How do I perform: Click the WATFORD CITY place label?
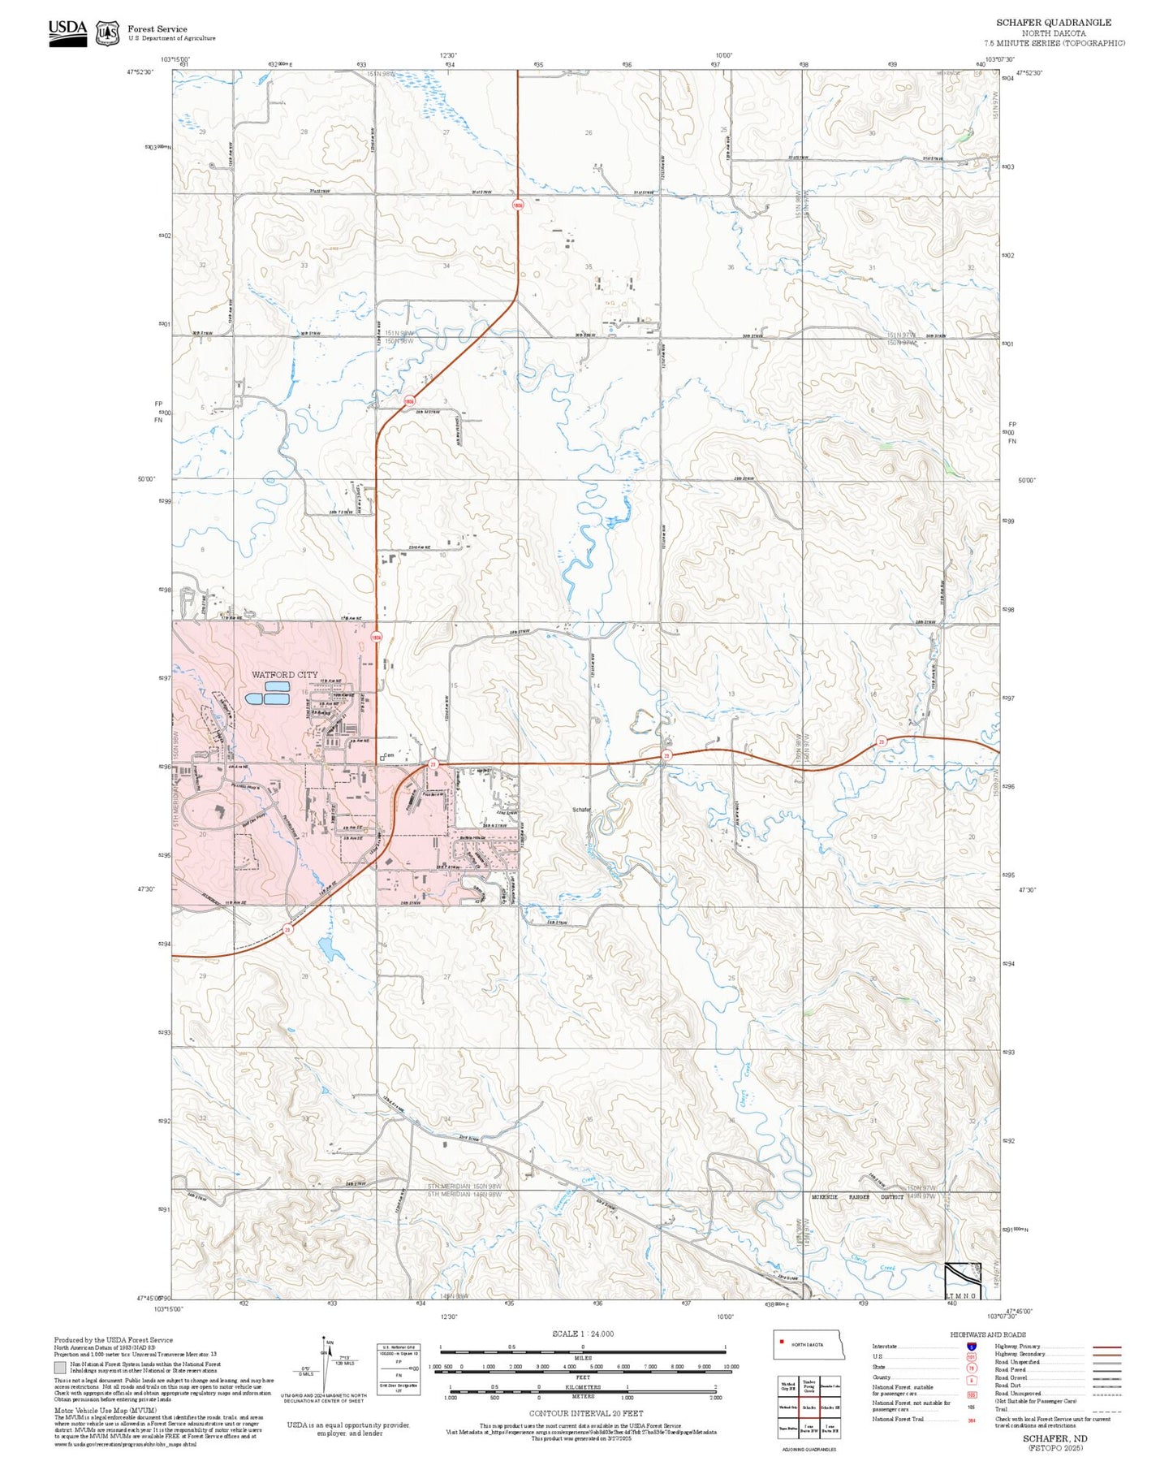(284, 675)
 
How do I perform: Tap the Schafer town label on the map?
(581, 810)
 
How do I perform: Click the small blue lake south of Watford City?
(329, 948)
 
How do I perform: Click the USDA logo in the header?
(67, 32)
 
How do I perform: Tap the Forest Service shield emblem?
(107, 33)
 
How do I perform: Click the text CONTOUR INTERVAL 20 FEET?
(585, 1413)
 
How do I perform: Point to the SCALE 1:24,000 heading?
(583, 1334)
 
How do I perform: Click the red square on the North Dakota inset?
(782, 1341)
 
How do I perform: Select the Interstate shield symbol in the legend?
(971, 1346)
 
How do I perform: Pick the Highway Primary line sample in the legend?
(1106, 1347)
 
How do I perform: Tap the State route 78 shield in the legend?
(971, 1367)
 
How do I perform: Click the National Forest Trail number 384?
(971, 1419)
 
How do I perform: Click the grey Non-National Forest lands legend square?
(59, 1367)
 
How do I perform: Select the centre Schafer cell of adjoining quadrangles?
(809, 1407)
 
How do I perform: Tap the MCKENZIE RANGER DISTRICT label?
(857, 1197)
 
